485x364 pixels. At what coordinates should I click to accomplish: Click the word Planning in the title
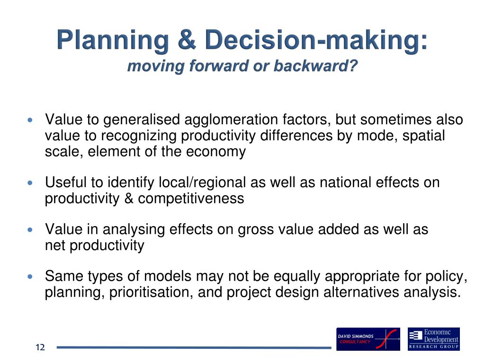[x=113, y=41]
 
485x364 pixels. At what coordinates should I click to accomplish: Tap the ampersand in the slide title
[x=187, y=39]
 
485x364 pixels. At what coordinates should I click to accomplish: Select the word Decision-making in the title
[x=316, y=41]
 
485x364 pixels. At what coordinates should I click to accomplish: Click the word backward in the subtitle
[x=315, y=65]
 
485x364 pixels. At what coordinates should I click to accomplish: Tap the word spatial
[x=423, y=136]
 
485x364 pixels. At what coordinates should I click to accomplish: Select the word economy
[x=216, y=152]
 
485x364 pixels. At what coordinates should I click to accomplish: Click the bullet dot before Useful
[x=30, y=183]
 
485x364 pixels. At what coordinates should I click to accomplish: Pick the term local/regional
[x=202, y=182]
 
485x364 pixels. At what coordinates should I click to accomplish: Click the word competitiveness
[x=191, y=199]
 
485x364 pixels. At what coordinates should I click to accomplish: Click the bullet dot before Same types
[x=30, y=276]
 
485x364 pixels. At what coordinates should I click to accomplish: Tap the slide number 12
[x=40, y=347]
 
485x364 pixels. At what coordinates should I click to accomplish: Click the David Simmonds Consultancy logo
[x=368, y=339]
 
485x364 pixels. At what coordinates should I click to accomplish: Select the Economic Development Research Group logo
[x=434, y=339]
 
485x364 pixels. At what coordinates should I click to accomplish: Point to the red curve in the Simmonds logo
[x=386, y=339]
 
